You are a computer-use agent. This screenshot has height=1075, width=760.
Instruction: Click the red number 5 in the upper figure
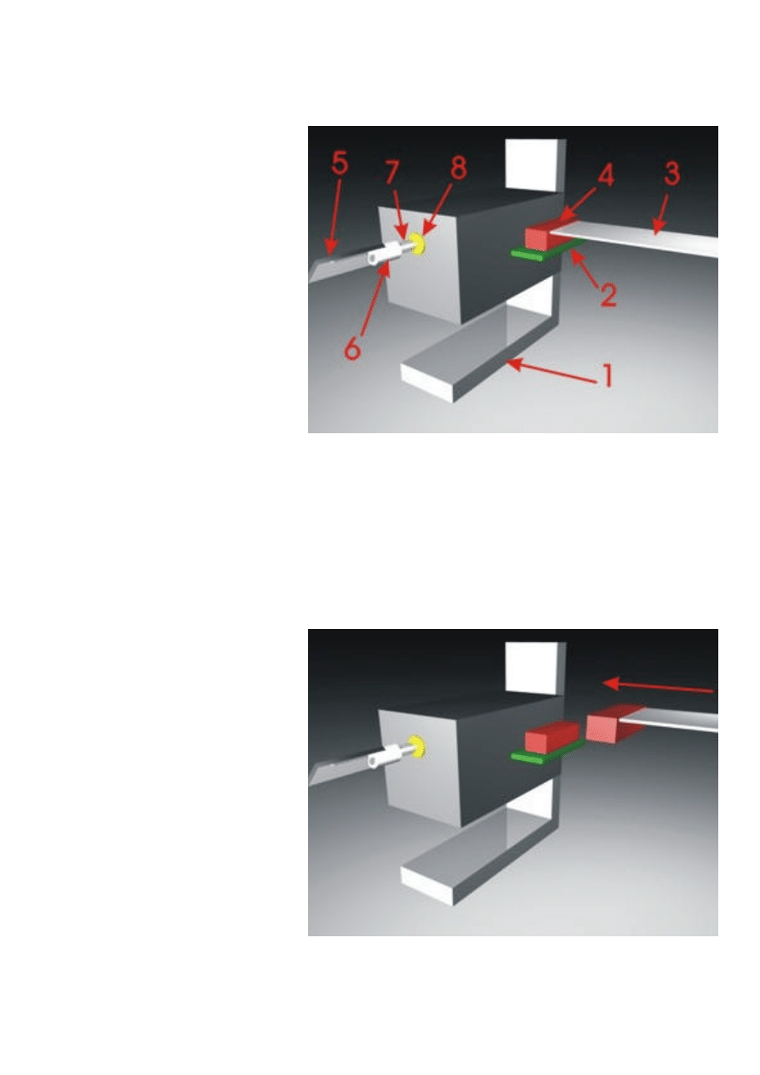pyautogui.click(x=340, y=163)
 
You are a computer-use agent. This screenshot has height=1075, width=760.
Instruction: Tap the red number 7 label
pyautogui.click(x=392, y=172)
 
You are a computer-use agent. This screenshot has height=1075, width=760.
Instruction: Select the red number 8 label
pyautogui.click(x=458, y=168)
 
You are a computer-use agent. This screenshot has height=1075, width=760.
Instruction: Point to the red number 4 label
pyautogui.click(x=605, y=174)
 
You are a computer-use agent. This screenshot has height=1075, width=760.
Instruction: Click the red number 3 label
pyautogui.click(x=671, y=173)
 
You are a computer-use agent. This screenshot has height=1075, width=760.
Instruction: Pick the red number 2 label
pyautogui.click(x=608, y=294)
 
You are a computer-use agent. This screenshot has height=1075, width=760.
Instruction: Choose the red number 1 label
pyautogui.click(x=608, y=375)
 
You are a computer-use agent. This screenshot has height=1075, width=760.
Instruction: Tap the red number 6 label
pyautogui.click(x=352, y=347)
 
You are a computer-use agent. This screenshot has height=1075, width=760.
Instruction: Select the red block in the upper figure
pyautogui.click(x=547, y=235)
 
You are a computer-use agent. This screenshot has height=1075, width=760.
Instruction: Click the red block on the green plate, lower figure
pyautogui.click(x=551, y=736)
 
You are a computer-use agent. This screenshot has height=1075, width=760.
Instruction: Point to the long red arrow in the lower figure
pyautogui.click(x=658, y=687)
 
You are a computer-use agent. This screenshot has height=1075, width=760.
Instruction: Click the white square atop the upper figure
pyautogui.click(x=533, y=163)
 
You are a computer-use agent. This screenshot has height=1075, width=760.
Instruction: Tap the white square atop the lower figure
pyautogui.click(x=533, y=667)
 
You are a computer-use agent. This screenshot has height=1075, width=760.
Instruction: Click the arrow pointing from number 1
pyautogui.click(x=551, y=371)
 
